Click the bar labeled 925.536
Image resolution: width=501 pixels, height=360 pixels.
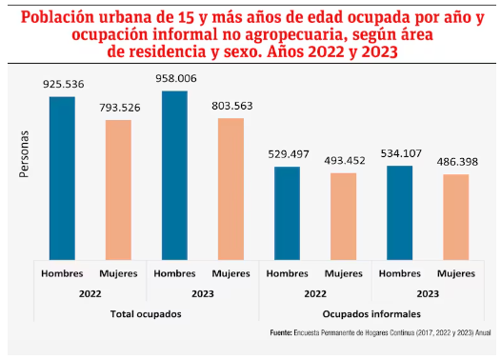tap(62, 178)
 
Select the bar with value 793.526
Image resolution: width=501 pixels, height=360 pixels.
tap(118, 190)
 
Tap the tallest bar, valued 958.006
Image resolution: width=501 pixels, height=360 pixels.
tap(174, 175)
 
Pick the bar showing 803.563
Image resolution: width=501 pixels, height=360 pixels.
tap(230, 189)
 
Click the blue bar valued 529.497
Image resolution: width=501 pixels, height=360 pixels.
tap(287, 212)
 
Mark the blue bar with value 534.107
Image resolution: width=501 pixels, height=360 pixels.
tap(399, 212)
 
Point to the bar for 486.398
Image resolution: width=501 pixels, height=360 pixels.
tap(455, 217)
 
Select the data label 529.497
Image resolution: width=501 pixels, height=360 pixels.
tap(287, 154)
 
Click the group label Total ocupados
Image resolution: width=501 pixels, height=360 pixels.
tap(146, 313)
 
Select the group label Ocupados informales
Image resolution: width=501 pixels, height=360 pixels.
tap(371, 313)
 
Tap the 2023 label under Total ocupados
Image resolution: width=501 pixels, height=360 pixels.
tap(202, 294)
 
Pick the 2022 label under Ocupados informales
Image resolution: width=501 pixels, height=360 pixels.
tap(314, 294)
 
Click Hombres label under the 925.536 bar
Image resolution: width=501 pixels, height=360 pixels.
tap(62, 274)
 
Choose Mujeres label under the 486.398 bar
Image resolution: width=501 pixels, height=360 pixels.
tap(455, 274)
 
